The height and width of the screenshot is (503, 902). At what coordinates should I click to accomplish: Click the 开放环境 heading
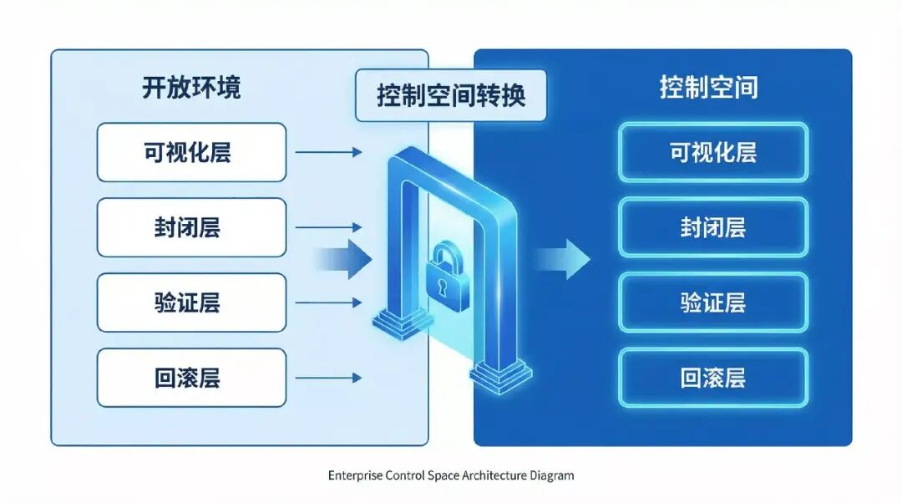point(191,88)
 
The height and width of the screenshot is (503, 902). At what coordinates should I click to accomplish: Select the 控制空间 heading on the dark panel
point(709,87)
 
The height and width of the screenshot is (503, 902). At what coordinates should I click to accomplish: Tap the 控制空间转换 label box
point(451,95)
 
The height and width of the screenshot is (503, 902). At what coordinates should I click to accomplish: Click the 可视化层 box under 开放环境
point(191,152)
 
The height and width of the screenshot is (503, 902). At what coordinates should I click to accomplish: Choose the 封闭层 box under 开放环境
point(191,227)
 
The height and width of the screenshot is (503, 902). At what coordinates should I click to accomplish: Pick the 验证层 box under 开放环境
point(191,302)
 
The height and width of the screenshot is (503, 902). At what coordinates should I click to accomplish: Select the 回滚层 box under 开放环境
point(191,378)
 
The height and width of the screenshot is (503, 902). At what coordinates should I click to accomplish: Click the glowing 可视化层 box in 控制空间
point(712,152)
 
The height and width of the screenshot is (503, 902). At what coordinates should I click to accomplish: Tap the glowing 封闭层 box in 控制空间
point(712,227)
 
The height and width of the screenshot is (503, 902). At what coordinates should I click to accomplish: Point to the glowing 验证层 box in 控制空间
point(712,302)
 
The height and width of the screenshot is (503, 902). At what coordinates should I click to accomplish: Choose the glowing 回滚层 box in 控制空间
point(712,378)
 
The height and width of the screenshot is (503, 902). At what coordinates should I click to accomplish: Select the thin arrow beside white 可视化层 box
point(328,152)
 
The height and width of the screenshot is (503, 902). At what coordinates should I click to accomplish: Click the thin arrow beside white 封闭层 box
point(328,227)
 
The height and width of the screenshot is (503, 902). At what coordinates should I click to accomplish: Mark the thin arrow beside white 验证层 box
point(328,302)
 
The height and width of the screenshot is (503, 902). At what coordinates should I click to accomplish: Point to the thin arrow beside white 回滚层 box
point(328,378)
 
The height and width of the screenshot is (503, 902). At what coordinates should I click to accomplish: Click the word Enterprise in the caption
point(355,475)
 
